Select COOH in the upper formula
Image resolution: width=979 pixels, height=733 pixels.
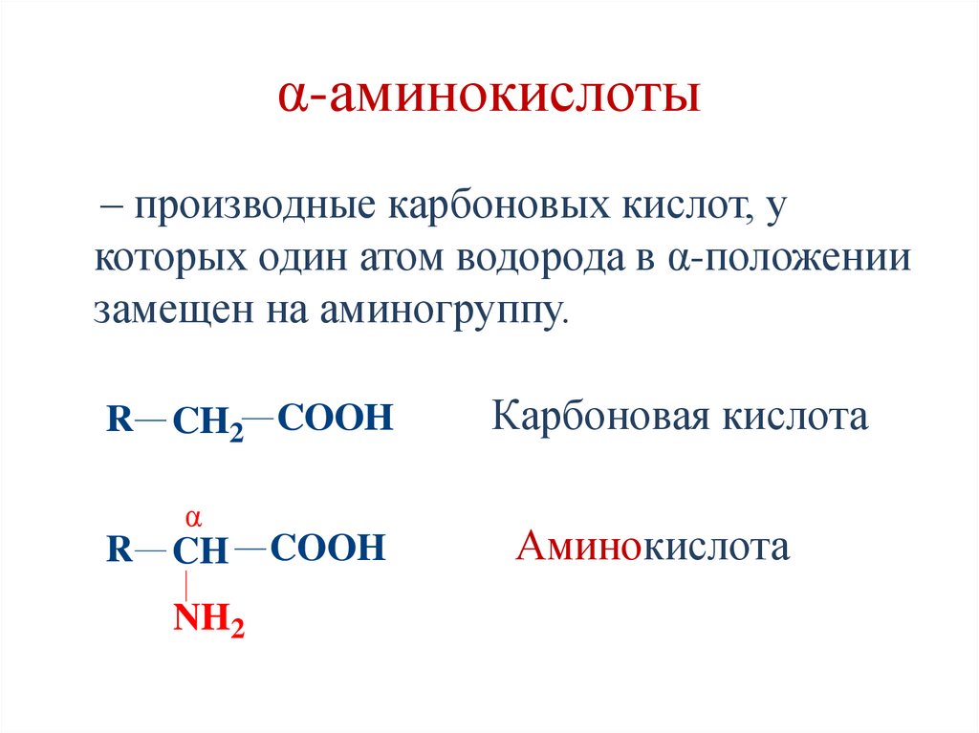click(x=336, y=418)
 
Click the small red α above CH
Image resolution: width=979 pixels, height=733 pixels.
click(x=192, y=519)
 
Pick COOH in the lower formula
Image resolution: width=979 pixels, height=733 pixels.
click(x=327, y=548)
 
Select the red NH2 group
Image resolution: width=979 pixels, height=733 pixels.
click(x=208, y=621)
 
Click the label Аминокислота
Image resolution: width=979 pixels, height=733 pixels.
click(x=653, y=548)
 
